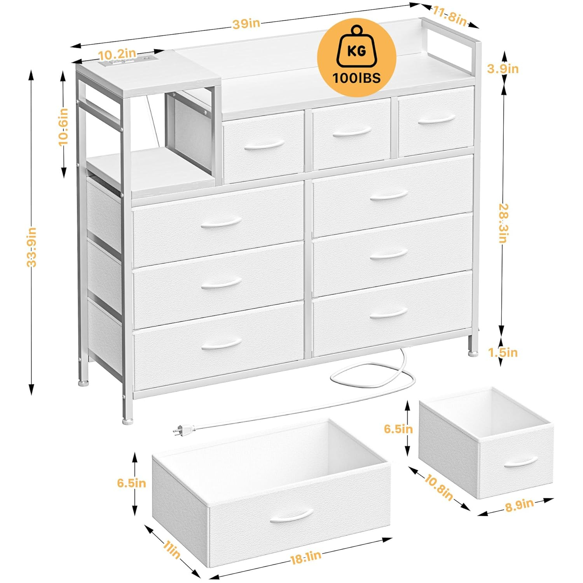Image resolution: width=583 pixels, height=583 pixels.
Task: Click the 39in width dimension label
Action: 246,24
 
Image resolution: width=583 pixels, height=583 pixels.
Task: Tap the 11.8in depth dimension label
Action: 449,17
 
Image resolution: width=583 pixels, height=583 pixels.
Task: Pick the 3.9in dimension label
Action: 503,69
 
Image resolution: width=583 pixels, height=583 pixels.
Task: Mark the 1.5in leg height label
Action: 503,353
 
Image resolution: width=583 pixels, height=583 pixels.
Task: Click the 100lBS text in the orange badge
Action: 356,78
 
